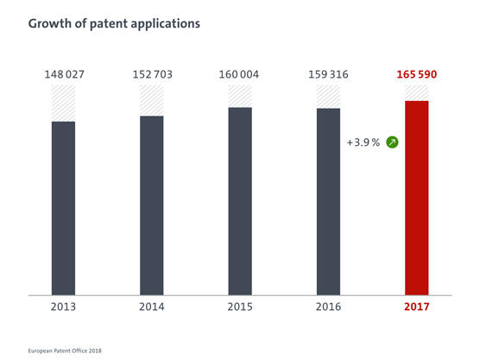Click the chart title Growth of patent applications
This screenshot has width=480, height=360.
click(114, 23)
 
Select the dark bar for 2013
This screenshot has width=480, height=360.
click(63, 207)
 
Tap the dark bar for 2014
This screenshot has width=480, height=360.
click(152, 205)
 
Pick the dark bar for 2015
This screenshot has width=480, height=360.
click(240, 200)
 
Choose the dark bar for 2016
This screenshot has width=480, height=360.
click(328, 201)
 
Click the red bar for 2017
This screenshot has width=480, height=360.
click(417, 197)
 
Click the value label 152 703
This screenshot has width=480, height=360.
click(152, 74)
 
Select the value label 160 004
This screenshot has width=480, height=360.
click(240, 74)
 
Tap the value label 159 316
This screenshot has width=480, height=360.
click(328, 74)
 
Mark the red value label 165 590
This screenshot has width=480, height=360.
click(417, 74)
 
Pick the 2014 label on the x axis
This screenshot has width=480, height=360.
click(152, 307)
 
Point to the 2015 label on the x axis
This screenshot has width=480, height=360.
click(240, 307)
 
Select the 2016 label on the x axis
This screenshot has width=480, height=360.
click(328, 307)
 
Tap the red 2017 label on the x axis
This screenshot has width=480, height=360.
click(417, 307)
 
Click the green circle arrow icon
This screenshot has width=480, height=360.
click(392, 142)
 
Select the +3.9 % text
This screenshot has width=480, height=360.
click(363, 142)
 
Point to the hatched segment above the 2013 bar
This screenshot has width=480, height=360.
click(63, 104)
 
